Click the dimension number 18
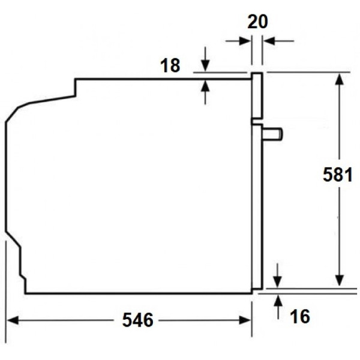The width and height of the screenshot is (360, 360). pyautogui.click(x=170, y=65)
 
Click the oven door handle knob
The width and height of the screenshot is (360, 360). pyautogui.click(x=272, y=134)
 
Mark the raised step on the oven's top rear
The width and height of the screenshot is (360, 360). pyautogui.click(x=75, y=86)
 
